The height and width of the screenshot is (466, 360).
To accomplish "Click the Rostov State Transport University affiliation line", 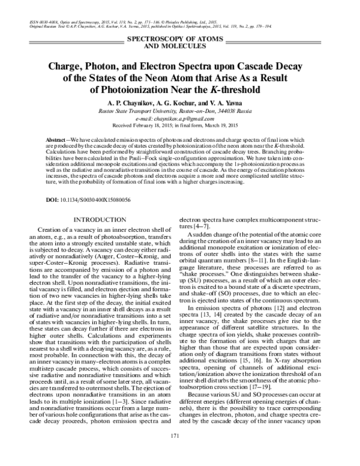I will pyautogui.click(x=179, y=111).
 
